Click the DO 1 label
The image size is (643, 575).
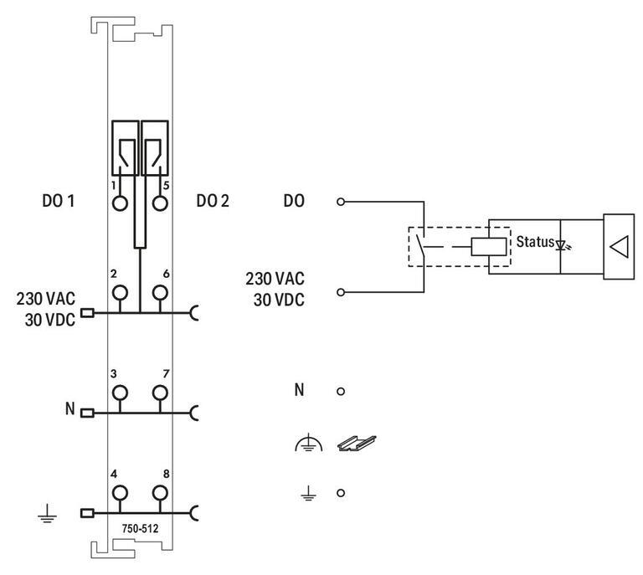59,201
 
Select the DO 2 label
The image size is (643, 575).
213,201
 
